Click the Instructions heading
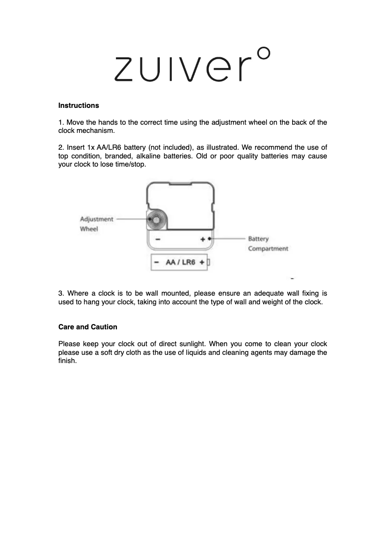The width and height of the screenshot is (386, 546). (x=78, y=105)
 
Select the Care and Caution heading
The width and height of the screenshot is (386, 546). (x=88, y=327)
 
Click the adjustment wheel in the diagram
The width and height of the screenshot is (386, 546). (x=156, y=220)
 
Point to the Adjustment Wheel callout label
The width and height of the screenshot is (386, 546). (x=96, y=224)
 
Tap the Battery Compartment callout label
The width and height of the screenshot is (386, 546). (x=268, y=244)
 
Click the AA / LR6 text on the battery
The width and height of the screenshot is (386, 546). (x=180, y=262)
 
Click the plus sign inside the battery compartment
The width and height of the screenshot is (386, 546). (x=203, y=239)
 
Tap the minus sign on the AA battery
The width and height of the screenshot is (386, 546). (x=157, y=262)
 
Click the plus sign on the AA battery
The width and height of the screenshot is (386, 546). (x=202, y=262)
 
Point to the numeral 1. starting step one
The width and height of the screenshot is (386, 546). (x=61, y=122)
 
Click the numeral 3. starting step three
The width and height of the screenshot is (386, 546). (x=61, y=293)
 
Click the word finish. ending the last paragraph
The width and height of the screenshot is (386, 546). (x=67, y=361)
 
